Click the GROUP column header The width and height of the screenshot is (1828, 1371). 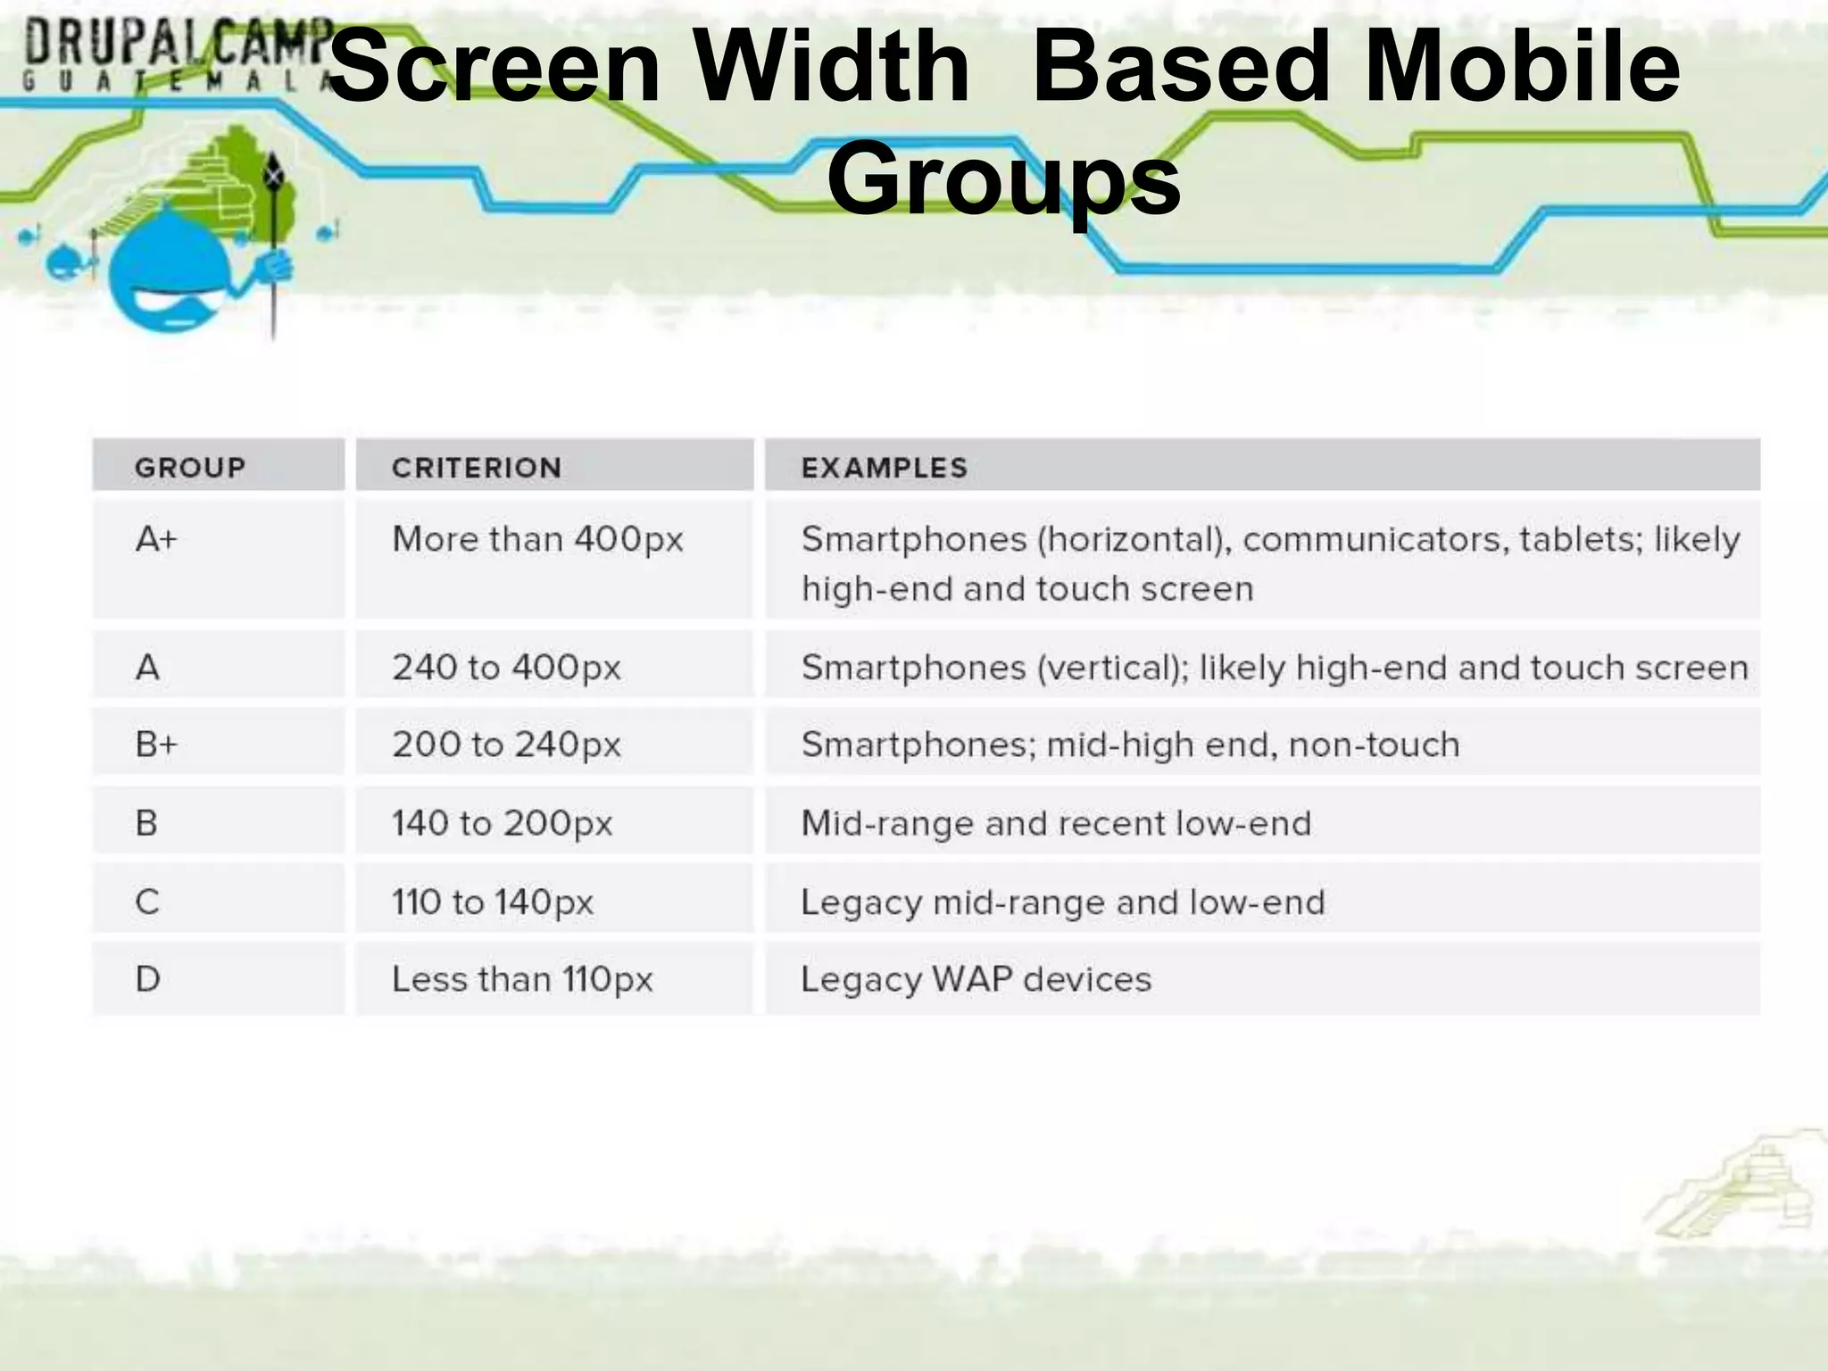click(x=190, y=467)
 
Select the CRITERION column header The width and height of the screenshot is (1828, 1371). click(x=477, y=467)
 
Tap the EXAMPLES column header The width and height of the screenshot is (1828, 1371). click(x=884, y=467)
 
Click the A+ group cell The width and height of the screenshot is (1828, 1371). click(x=157, y=539)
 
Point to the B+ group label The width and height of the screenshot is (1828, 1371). click(x=157, y=744)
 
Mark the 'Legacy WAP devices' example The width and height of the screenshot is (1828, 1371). click(x=976, y=979)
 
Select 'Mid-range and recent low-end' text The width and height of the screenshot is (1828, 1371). click(x=1056, y=822)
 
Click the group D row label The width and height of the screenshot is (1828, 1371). click(x=148, y=979)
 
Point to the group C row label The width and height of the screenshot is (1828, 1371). click(x=147, y=902)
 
